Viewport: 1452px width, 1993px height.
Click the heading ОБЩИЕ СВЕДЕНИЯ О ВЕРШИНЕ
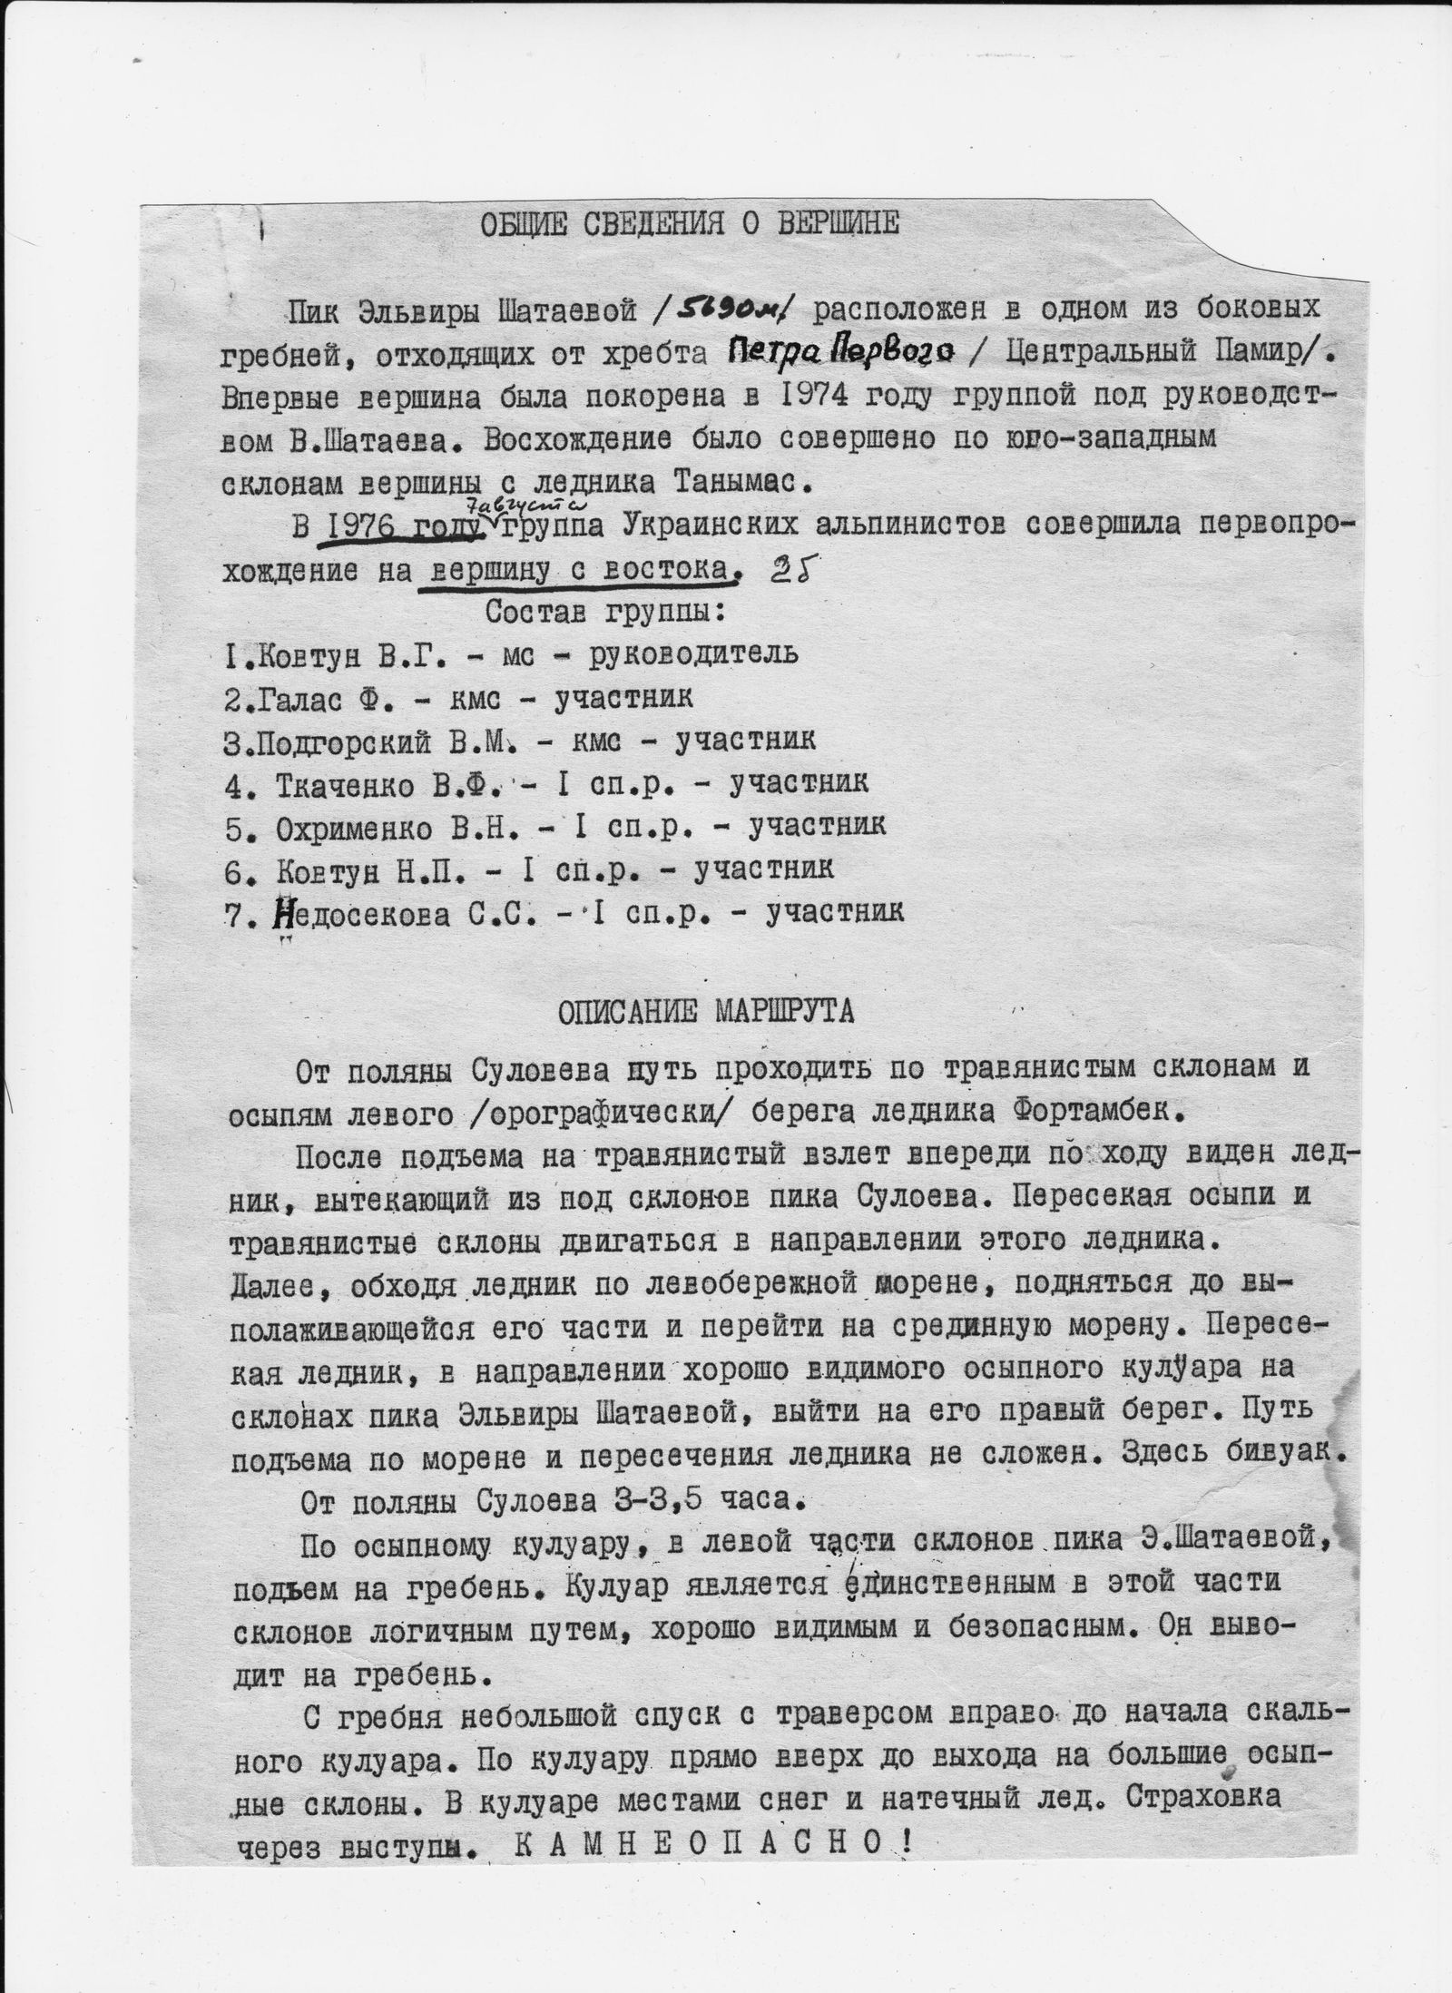tap(690, 223)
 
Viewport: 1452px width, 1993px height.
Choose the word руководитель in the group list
tap(694, 653)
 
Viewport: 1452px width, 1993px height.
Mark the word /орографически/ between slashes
tap(525, 1110)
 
